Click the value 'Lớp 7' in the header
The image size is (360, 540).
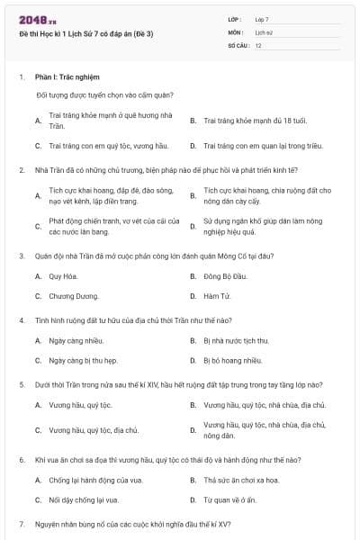point(262,19)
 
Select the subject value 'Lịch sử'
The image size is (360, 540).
point(263,32)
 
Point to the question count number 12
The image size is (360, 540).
point(258,45)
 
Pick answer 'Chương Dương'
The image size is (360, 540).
point(68,295)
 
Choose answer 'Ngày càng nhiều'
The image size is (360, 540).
point(71,340)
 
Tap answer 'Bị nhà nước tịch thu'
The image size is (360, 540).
point(236,340)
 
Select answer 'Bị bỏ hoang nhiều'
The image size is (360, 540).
point(232,360)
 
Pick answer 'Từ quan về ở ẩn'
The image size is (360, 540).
point(229,499)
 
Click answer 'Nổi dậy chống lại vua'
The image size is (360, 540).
point(84,499)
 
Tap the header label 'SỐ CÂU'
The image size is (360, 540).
point(238,45)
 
